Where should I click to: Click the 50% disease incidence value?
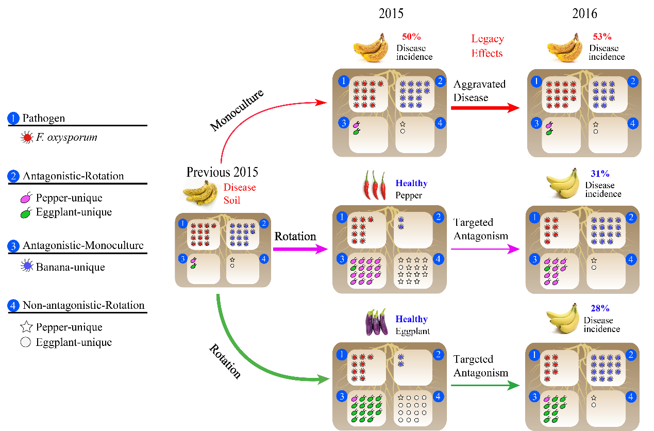click(x=412, y=37)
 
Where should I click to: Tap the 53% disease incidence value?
click(x=601, y=37)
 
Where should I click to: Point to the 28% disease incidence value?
click(x=600, y=308)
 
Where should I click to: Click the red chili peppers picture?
click(x=374, y=185)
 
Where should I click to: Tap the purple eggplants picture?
click(x=376, y=322)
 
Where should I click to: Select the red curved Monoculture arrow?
click(x=258, y=109)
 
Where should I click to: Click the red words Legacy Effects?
click(x=487, y=45)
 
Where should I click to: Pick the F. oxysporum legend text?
click(x=66, y=138)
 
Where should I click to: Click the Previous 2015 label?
click(x=222, y=172)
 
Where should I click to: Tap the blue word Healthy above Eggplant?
click(x=411, y=320)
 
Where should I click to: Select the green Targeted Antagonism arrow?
click(x=484, y=385)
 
